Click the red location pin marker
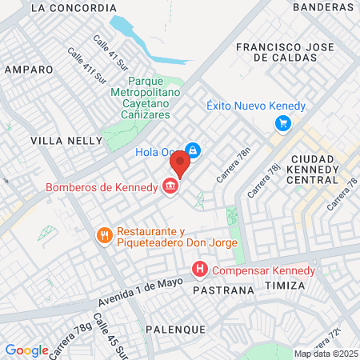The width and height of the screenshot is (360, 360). point(179,164)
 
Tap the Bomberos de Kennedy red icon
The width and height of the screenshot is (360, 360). point(170,187)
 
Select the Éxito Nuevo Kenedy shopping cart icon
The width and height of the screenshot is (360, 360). point(282,123)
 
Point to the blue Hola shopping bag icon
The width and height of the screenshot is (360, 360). point(193,150)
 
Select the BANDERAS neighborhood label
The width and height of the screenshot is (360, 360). point(323,6)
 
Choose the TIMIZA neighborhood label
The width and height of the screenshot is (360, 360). point(286,286)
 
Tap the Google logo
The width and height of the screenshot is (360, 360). point(26,350)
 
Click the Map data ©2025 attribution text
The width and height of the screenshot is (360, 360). point(326,354)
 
